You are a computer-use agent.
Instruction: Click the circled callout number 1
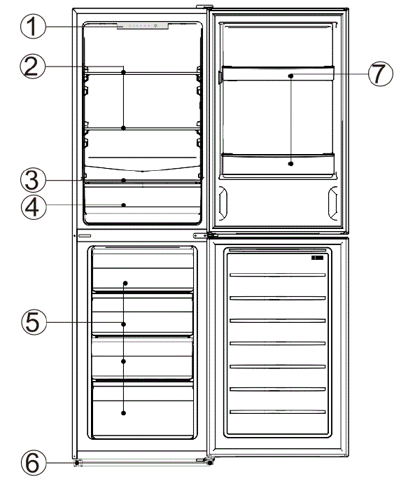[x=34, y=28]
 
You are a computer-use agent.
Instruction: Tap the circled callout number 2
[x=34, y=67]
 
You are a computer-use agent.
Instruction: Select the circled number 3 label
[x=34, y=180]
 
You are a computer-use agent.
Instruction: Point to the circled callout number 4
[x=34, y=206]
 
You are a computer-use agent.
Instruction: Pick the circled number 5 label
[x=34, y=322]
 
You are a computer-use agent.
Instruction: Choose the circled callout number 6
[x=34, y=463]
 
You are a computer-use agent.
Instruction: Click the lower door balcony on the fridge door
[x=277, y=163]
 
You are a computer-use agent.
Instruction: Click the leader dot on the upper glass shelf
[x=123, y=71]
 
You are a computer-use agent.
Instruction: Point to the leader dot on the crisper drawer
[x=123, y=205]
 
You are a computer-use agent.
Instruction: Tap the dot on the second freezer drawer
[x=123, y=324]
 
